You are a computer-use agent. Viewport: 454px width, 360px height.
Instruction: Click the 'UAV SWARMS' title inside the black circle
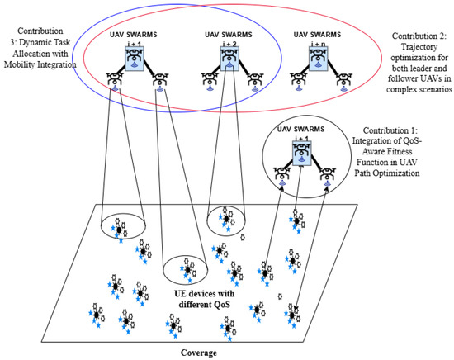coord(296,127)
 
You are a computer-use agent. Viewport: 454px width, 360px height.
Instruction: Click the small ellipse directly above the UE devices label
coord(187,270)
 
